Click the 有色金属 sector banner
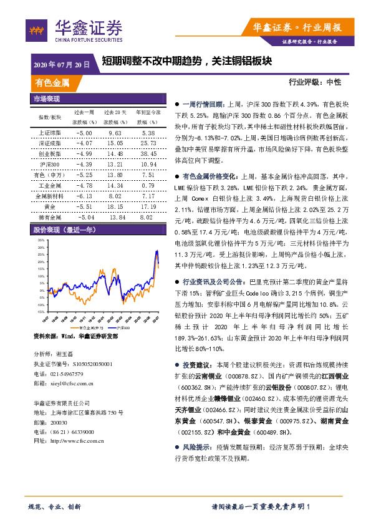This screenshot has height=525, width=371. (52, 82)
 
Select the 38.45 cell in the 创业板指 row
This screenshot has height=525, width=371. (148, 153)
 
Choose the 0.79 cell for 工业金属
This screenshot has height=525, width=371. (148, 185)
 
